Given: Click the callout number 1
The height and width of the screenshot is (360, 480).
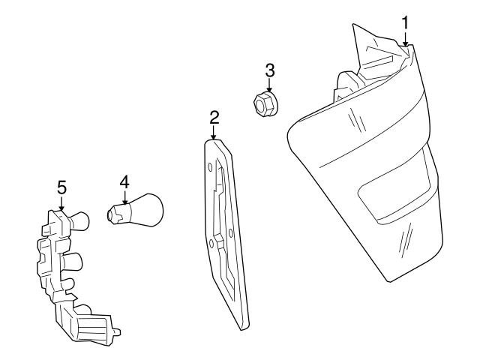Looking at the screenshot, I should (405, 22).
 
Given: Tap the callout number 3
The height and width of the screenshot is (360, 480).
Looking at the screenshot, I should (270, 70).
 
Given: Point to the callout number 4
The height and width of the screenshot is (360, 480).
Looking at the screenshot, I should (124, 181).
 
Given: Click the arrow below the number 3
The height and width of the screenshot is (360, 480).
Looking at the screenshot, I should (269, 88).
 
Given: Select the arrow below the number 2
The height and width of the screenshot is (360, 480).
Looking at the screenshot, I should (214, 135).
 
